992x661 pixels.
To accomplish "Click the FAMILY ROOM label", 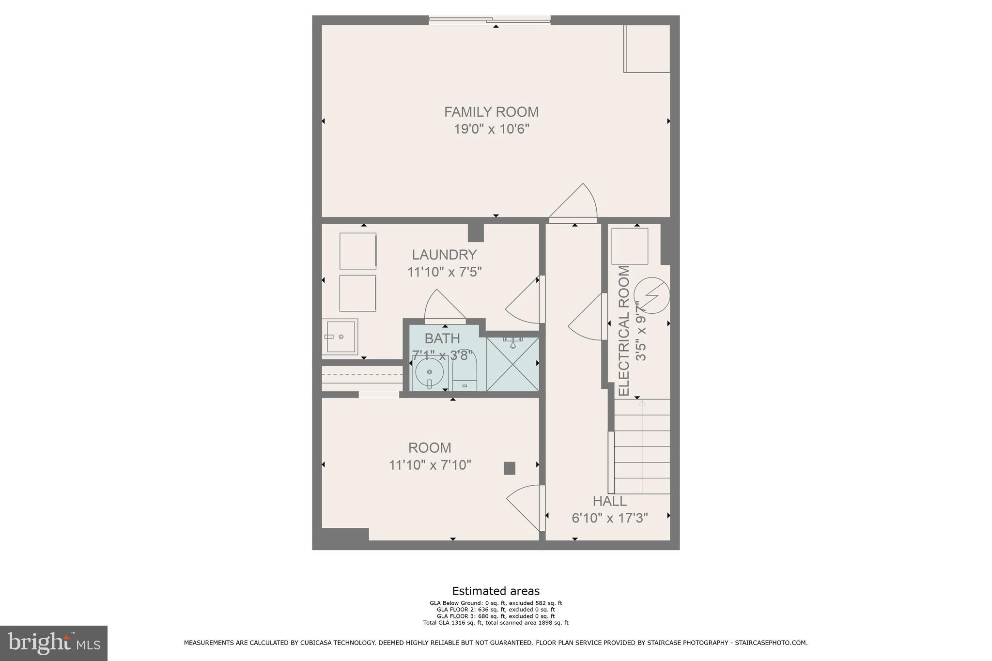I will (x=491, y=112).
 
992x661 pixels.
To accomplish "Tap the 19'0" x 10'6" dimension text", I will (x=491, y=129).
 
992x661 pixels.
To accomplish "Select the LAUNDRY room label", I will (x=444, y=255).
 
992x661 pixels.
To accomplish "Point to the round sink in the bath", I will (x=429, y=372).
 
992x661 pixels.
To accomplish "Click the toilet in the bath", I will (x=465, y=373).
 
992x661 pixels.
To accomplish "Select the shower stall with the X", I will (x=512, y=364).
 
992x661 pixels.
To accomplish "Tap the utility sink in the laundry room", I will (x=340, y=337).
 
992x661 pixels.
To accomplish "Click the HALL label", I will (x=609, y=501).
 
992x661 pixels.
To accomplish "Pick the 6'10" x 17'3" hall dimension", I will (x=609, y=518).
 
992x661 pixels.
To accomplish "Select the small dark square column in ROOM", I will (x=509, y=468).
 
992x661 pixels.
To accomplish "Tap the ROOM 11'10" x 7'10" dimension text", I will (x=430, y=465).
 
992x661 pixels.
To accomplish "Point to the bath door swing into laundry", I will (x=443, y=307).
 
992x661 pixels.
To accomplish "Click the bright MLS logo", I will (x=54, y=643).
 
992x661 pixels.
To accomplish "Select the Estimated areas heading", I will (x=496, y=591).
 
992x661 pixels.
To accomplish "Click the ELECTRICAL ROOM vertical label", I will (x=624, y=330).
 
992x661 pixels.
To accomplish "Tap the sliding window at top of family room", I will (x=489, y=20).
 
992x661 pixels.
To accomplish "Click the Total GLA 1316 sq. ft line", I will (x=496, y=623).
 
